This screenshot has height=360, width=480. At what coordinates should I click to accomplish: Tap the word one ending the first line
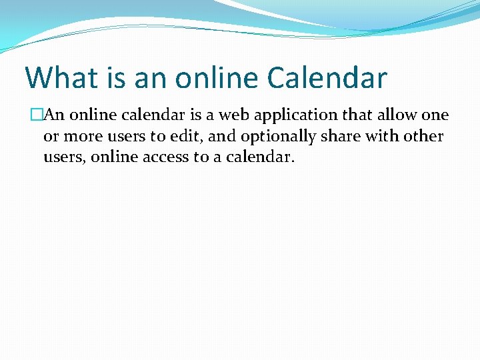(435, 115)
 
